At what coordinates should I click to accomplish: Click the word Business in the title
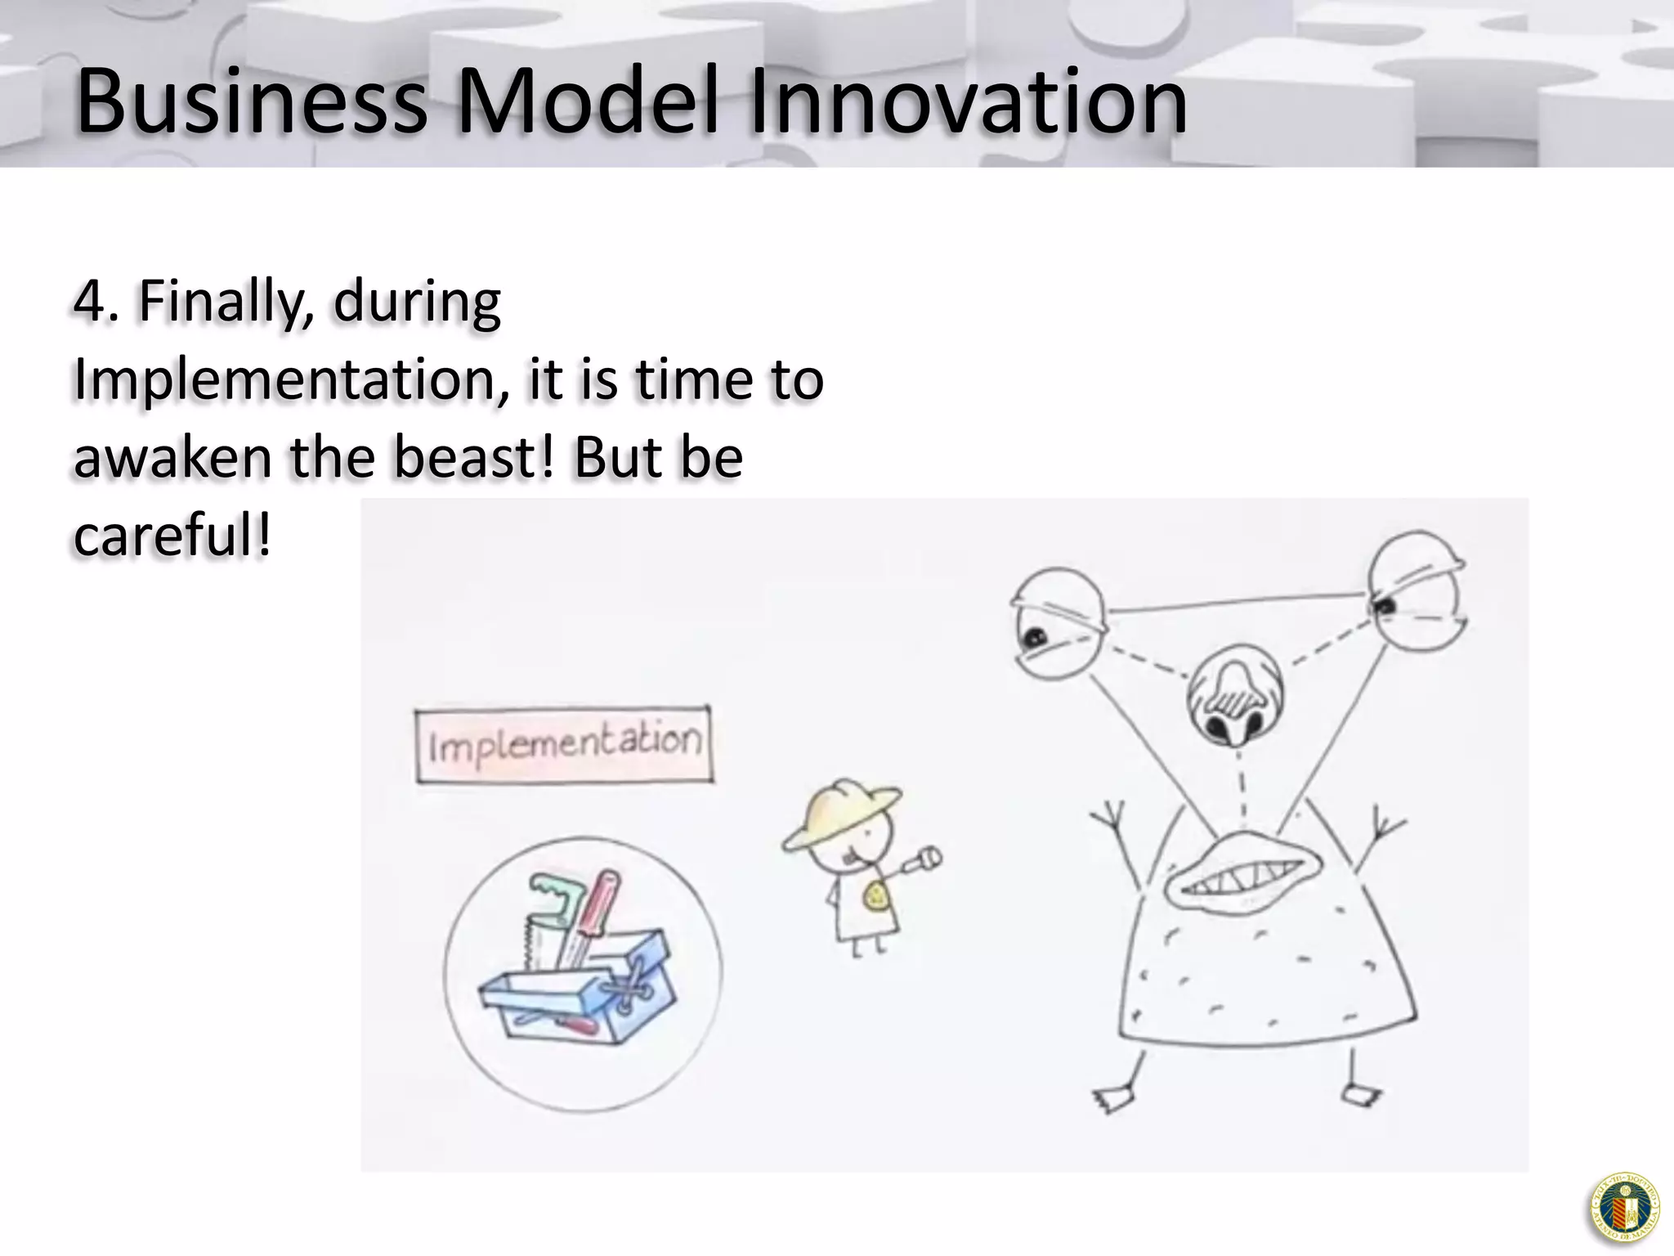(x=252, y=102)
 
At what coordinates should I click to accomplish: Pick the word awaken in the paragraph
(x=172, y=458)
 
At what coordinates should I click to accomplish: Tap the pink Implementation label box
(x=564, y=745)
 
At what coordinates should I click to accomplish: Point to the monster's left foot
(x=1113, y=1098)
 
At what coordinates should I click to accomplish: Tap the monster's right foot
(x=1361, y=1094)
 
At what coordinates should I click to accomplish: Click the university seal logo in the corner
(x=1625, y=1208)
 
